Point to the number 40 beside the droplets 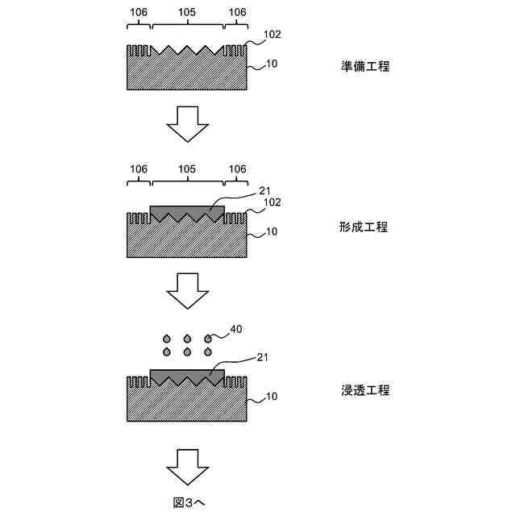coord(235,329)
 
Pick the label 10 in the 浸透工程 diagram coord(272,396)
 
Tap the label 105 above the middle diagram coord(187,169)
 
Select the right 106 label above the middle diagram coord(237,169)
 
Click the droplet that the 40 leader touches coord(209,339)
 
